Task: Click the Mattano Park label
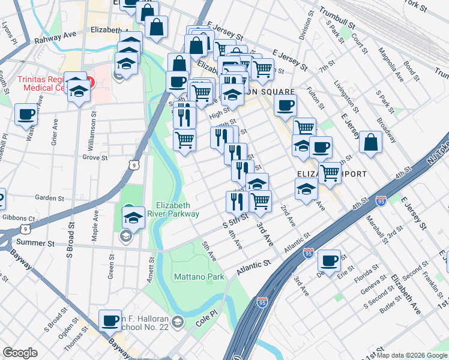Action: click(198, 277)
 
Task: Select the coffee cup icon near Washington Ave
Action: click(26, 114)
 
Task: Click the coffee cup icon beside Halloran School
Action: click(110, 321)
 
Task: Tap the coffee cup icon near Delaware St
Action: click(329, 260)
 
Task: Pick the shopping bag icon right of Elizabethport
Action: click(371, 142)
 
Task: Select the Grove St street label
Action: click(95, 158)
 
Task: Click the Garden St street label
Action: click(49, 197)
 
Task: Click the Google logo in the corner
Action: click(20, 353)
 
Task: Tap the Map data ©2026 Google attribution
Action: click(412, 355)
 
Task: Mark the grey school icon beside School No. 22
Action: click(177, 323)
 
